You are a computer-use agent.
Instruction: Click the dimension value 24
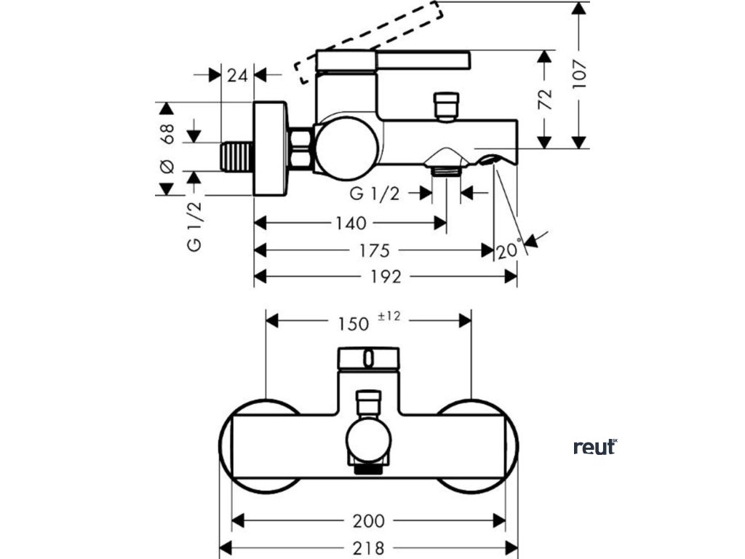click(237, 75)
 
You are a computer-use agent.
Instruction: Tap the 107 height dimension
click(580, 74)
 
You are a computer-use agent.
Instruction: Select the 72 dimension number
click(545, 99)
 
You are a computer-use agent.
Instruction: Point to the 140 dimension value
click(351, 223)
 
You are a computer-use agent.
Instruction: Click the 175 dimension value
click(375, 250)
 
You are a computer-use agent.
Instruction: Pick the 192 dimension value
click(386, 277)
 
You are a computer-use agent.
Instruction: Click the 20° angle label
click(509, 249)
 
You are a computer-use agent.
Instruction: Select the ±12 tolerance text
click(389, 316)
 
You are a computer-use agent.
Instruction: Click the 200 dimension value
click(369, 521)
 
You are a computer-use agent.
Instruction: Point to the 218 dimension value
click(369, 548)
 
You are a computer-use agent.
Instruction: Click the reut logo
click(595, 447)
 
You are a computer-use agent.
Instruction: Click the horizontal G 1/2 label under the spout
click(375, 194)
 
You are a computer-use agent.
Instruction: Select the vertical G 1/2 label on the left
click(195, 227)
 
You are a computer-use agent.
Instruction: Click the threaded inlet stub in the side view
click(236, 156)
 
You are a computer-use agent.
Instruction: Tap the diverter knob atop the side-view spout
click(446, 107)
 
